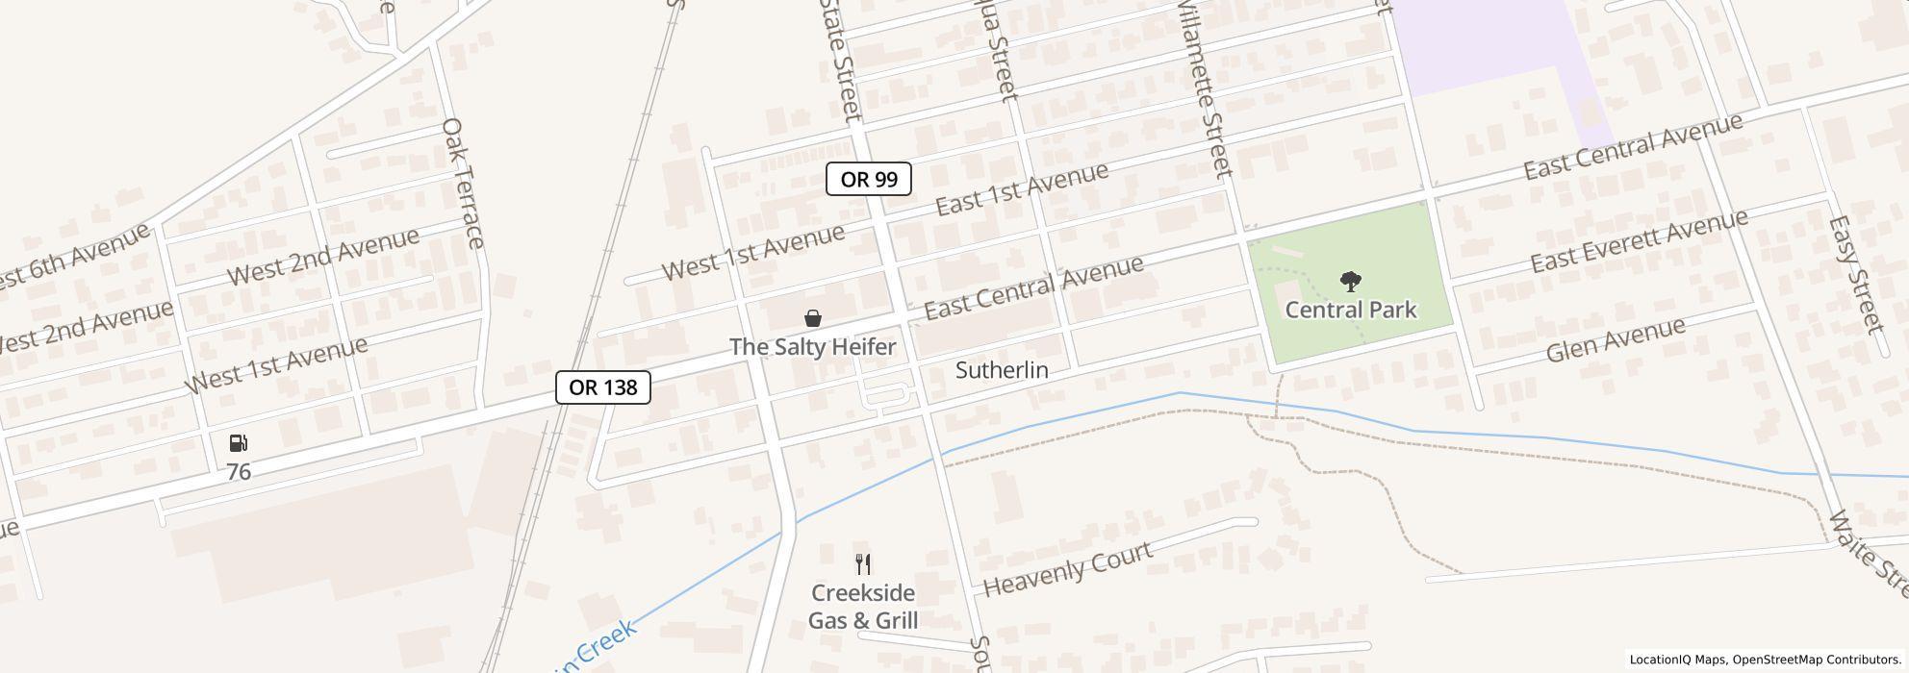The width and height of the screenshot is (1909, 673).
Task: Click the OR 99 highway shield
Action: click(868, 179)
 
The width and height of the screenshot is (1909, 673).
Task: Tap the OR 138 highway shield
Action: click(603, 387)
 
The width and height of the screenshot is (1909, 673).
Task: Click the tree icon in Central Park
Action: click(1351, 282)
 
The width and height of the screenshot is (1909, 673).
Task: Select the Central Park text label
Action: click(1351, 310)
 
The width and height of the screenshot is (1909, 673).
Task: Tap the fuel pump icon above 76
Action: click(239, 443)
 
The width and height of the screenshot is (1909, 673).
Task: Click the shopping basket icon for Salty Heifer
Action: click(813, 318)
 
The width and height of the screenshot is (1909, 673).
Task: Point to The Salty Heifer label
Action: click(813, 347)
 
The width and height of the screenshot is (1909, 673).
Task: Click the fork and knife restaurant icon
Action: click(863, 564)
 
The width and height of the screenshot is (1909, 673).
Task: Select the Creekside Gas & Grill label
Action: click(863, 607)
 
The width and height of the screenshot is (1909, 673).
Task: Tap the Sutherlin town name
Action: click(1002, 370)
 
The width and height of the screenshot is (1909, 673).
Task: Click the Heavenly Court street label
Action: click(1067, 568)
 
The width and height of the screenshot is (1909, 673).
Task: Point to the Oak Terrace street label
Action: click(462, 183)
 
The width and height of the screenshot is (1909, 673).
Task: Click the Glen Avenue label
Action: click(1616, 340)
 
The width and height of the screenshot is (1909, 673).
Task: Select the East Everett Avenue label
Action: click(1639, 241)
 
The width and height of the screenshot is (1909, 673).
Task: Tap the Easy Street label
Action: click(1854, 273)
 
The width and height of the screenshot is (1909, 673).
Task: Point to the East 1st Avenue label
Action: click(1022, 189)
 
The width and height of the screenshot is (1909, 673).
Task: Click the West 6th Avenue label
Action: click(72, 257)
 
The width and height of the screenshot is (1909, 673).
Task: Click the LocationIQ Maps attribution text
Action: click(1678, 660)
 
